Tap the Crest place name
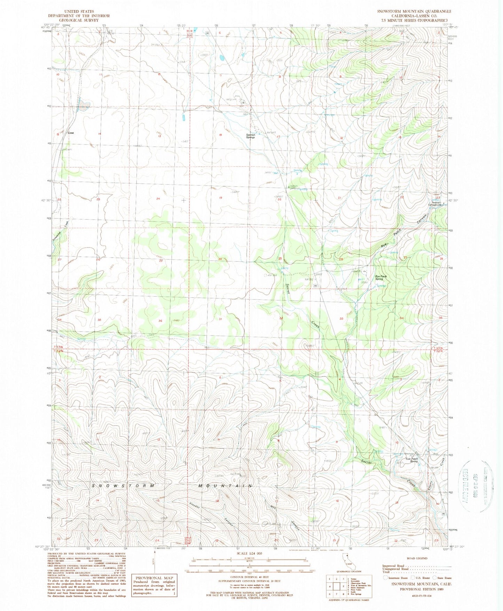click(x=71, y=133)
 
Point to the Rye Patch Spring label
click(x=381, y=278)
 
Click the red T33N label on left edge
click(x=58, y=347)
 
